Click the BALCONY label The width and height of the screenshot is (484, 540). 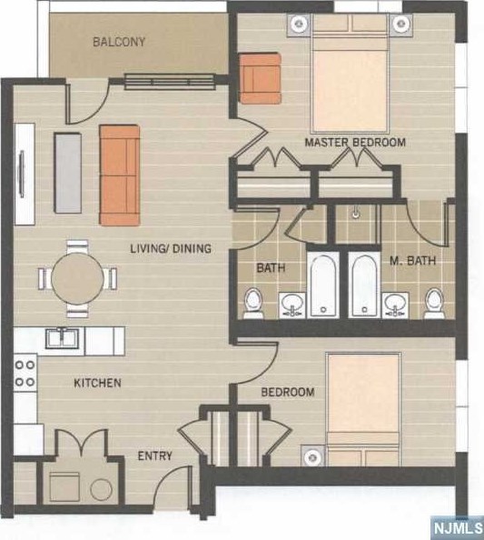[x=119, y=42]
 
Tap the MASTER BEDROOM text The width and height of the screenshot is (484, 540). [x=355, y=142]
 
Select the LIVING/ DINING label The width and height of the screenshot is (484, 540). [x=171, y=248]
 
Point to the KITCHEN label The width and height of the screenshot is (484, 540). [x=97, y=383]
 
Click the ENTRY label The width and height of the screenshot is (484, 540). [x=154, y=455]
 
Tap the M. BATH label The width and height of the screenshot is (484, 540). [x=413, y=260]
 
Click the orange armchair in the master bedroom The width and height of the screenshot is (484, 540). [x=260, y=78]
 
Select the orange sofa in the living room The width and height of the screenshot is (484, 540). [x=120, y=175]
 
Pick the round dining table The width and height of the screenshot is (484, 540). [x=77, y=278]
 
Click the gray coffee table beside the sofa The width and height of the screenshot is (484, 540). [x=68, y=173]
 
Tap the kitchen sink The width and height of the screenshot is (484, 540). [x=63, y=338]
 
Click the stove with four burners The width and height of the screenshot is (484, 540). [x=25, y=374]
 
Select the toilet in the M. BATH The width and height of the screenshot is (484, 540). [x=434, y=303]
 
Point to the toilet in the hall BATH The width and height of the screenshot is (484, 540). [x=253, y=303]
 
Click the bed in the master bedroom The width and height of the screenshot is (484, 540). [x=351, y=74]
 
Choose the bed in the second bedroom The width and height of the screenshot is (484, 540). [x=364, y=409]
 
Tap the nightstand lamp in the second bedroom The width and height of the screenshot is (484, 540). [x=312, y=456]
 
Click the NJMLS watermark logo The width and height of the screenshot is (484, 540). [x=458, y=527]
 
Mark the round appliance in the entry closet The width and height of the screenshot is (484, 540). [x=102, y=489]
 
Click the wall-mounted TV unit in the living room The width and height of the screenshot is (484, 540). [x=25, y=175]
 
